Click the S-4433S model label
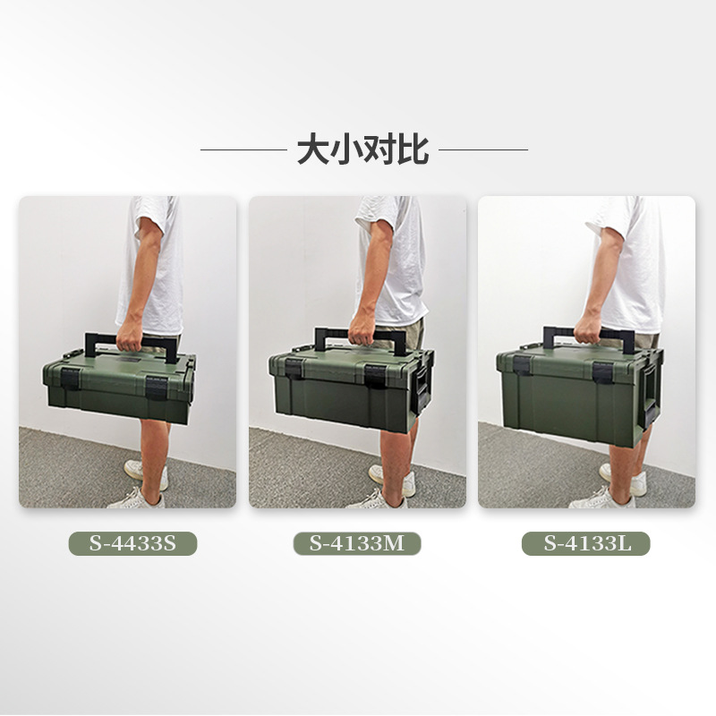tap(132, 543)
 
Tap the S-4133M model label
tap(357, 543)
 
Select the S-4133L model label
tap(586, 543)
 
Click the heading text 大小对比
tap(363, 149)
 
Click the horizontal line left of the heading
tap(243, 149)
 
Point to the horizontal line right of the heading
tap(483, 149)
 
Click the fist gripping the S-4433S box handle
tap(131, 336)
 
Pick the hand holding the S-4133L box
tap(588, 329)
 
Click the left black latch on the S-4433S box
tap(71, 379)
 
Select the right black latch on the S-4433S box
tap(157, 388)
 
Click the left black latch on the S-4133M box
tap(294, 369)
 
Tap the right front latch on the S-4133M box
tap(376, 376)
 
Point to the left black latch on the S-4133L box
tap(522, 365)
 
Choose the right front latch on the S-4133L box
tap(603, 372)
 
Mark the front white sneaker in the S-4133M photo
tap(377, 500)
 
